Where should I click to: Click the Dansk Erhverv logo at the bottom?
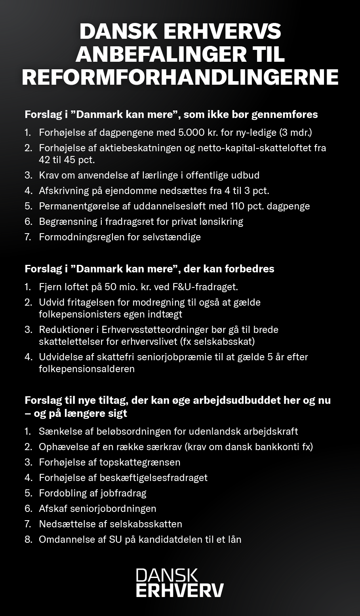[180, 583]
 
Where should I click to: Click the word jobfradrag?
[123, 493]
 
